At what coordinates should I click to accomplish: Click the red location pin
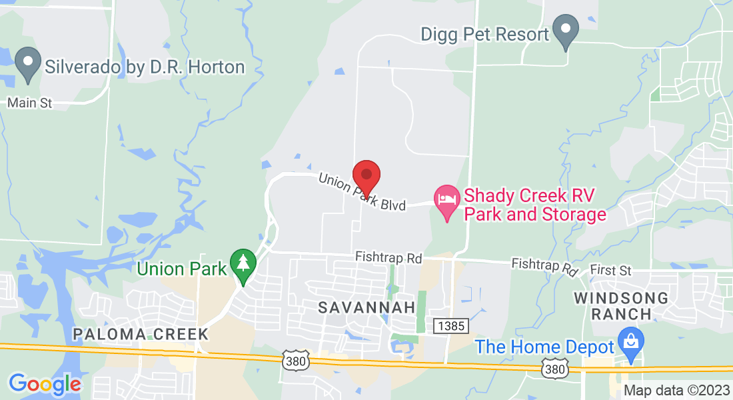click(366, 176)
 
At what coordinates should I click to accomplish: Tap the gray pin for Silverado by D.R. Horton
click(28, 65)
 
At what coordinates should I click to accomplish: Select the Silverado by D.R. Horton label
click(145, 67)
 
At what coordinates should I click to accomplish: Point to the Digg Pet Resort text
click(485, 33)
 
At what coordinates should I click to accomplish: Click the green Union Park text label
click(181, 269)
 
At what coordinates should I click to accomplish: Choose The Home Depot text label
click(544, 347)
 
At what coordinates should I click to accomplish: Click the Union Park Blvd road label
click(362, 193)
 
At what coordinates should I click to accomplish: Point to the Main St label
click(29, 103)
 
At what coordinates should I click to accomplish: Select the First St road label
click(610, 271)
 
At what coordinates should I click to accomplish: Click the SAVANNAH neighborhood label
click(366, 307)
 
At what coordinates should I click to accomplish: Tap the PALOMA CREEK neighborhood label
click(141, 333)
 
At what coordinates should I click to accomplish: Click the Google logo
click(45, 384)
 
